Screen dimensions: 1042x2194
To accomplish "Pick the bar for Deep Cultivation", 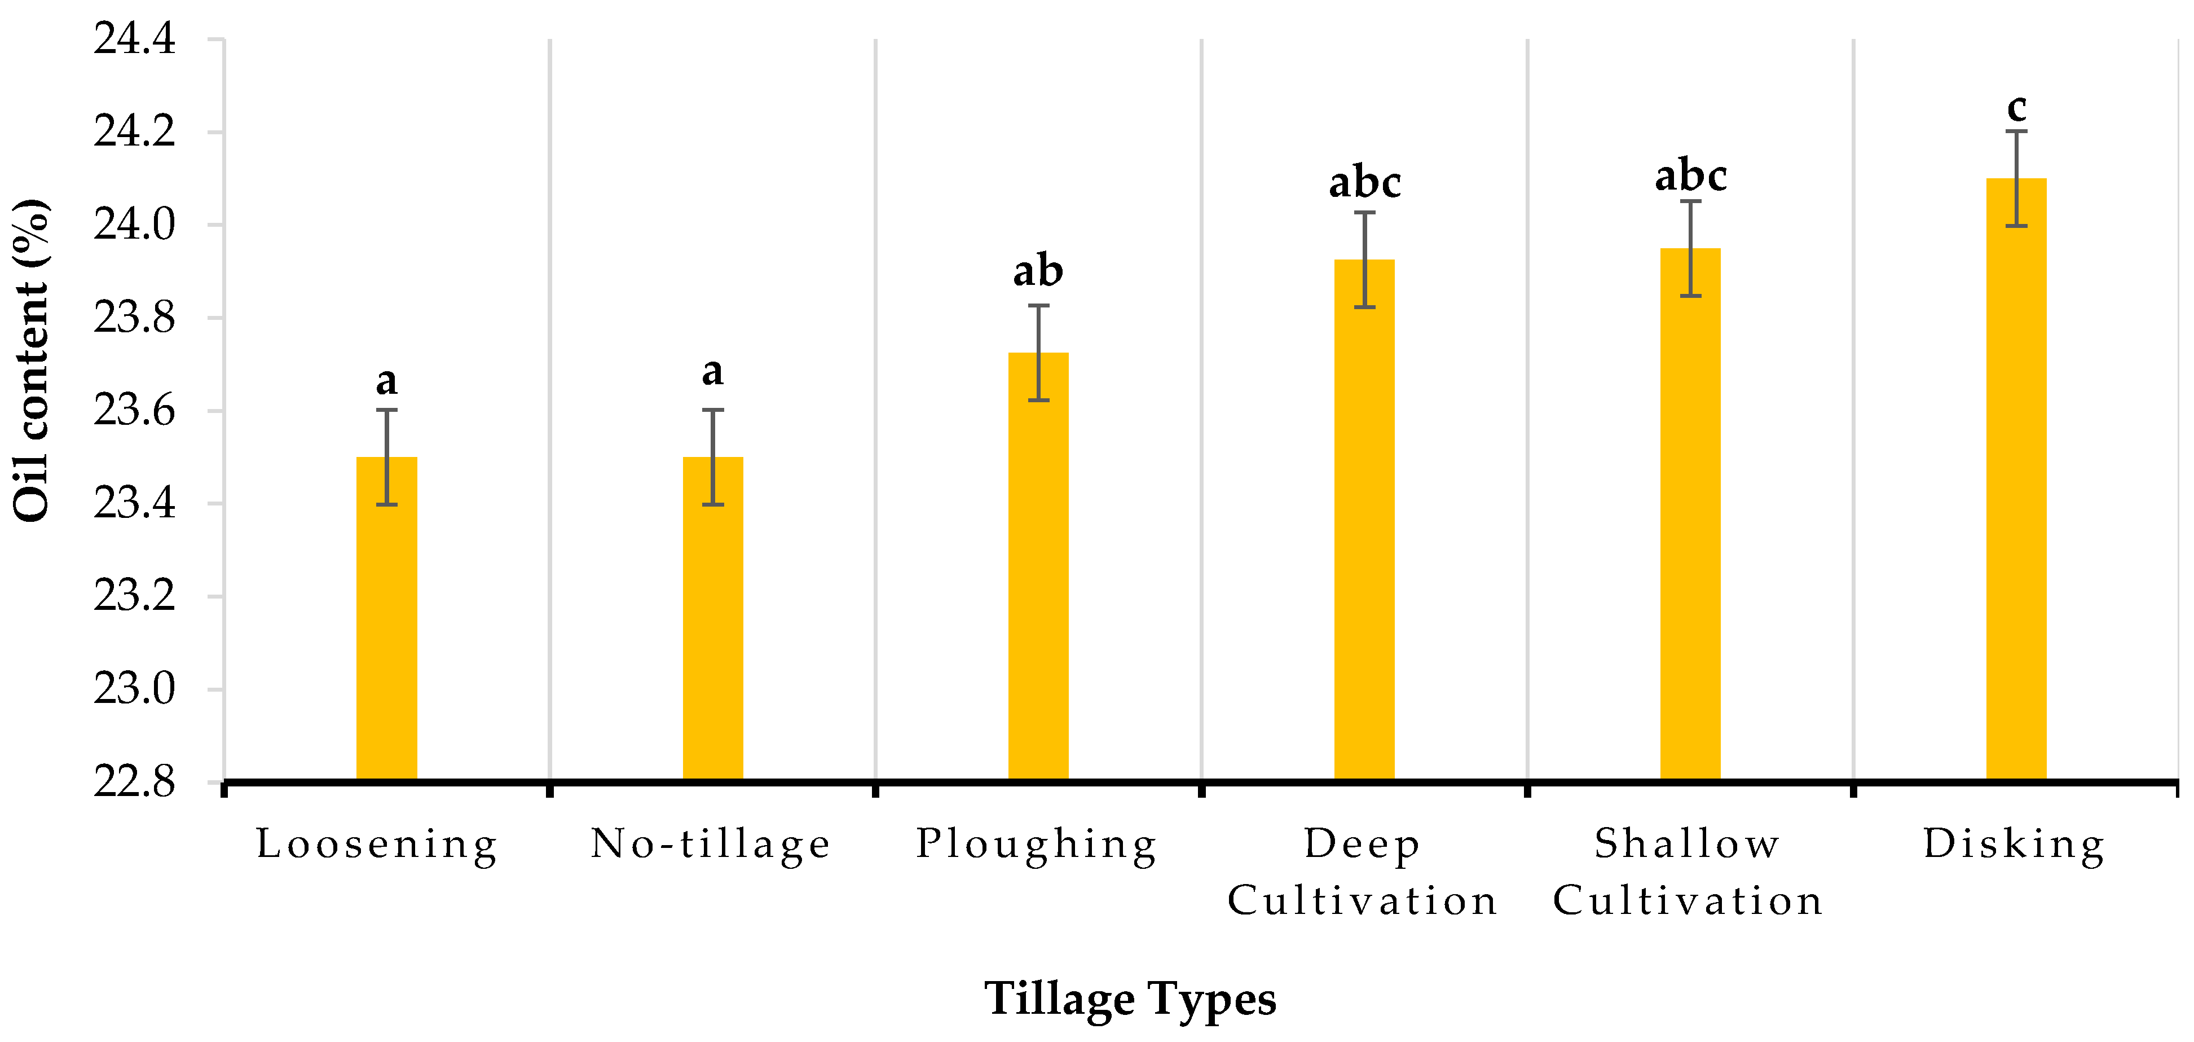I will point(1364,519).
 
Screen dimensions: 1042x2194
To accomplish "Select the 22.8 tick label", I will point(135,782).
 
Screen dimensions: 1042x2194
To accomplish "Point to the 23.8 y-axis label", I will point(135,318).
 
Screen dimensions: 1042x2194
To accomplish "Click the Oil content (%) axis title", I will point(32,360).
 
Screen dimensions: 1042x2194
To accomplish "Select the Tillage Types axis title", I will point(1130,999).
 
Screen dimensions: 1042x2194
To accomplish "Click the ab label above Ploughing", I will point(1038,271).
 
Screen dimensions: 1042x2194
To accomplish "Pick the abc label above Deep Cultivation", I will point(1364,182).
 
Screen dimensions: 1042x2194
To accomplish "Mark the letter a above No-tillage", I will point(713,371).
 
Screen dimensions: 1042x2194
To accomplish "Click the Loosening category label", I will point(377,845).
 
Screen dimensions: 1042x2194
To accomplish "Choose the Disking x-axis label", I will point(2014,845).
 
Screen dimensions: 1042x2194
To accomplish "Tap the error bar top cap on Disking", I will point(2016,131).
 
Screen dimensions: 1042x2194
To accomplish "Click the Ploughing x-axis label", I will point(1037,845).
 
